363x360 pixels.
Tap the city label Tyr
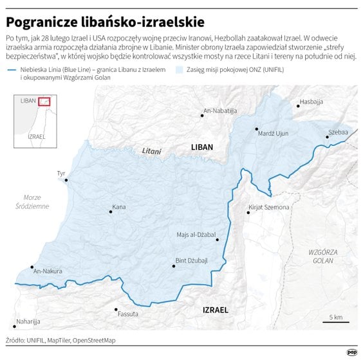click(x=61, y=174)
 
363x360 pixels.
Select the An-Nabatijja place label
click(x=221, y=111)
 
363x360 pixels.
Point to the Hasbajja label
click(x=312, y=102)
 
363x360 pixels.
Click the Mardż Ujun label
click(x=272, y=133)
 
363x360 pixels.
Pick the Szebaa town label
click(x=338, y=132)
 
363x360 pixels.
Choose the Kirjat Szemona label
click(x=268, y=208)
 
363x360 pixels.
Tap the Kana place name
click(x=119, y=207)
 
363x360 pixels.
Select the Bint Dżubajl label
click(x=192, y=260)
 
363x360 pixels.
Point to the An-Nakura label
click(x=48, y=271)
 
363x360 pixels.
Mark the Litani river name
click(x=151, y=150)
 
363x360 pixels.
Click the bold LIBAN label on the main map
click(x=201, y=147)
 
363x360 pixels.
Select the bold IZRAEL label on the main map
click(x=215, y=310)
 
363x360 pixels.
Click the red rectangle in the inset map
click(x=44, y=101)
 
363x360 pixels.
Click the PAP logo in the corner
click(x=351, y=351)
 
